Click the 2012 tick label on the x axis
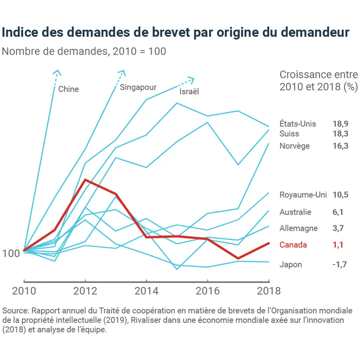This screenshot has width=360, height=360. pyautogui.click(x=85, y=291)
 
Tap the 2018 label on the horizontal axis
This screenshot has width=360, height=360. pyautogui.click(x=268, y=291)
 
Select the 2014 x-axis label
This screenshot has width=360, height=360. pyautogui.click(x=146, y=291)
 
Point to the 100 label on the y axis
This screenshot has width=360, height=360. pyautogui.click(x=12, y=253)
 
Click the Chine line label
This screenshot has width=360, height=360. pyautogui.click(x=68, y=89)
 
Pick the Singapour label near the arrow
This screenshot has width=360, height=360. pyautogui.click(x=138, y=87)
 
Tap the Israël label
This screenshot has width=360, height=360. pyautogui.click(x=189, y=91)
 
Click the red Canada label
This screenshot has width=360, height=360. pyautogui.click(x=293, y=245)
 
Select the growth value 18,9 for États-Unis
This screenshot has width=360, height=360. pyautogui.click(x=340, y=124)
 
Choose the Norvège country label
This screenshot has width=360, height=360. pyautogui.click(x=295, y=146)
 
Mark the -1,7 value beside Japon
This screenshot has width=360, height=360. pyautogui.click(x=339, y=265)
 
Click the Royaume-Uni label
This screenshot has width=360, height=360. pyautogui.click(x=303, y=195)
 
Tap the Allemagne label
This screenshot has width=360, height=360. pyautogui.click(x=298, y=228)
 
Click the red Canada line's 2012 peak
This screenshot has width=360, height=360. pyautogui.click(x=85, y=180)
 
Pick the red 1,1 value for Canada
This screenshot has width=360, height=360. pyautogui.click(x=338, y=245)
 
